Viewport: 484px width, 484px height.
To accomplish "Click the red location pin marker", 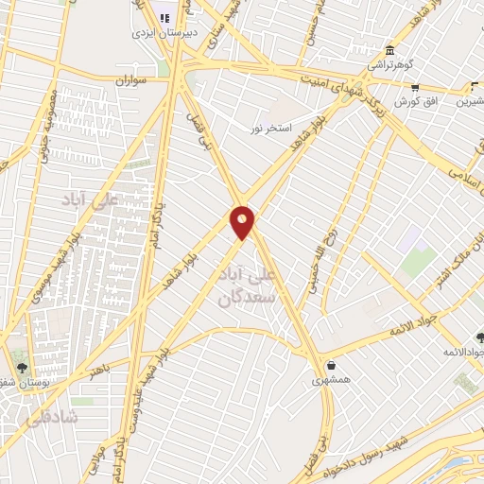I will coord(242,222).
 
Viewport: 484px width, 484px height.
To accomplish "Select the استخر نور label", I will coord(272,127).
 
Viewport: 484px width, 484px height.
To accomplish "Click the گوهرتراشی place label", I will coord(389,64).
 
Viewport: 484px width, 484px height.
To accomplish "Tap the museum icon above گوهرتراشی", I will coord(389,50).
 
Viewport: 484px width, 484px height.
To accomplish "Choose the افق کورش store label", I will coord(414,100).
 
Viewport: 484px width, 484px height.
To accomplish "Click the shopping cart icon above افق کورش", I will coord(414,87).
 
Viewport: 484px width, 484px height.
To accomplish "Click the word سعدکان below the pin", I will coord(245,297).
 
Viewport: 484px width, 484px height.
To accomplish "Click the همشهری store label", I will coord(331,380).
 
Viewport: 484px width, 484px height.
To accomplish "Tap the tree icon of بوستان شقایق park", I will coord(22,368).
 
